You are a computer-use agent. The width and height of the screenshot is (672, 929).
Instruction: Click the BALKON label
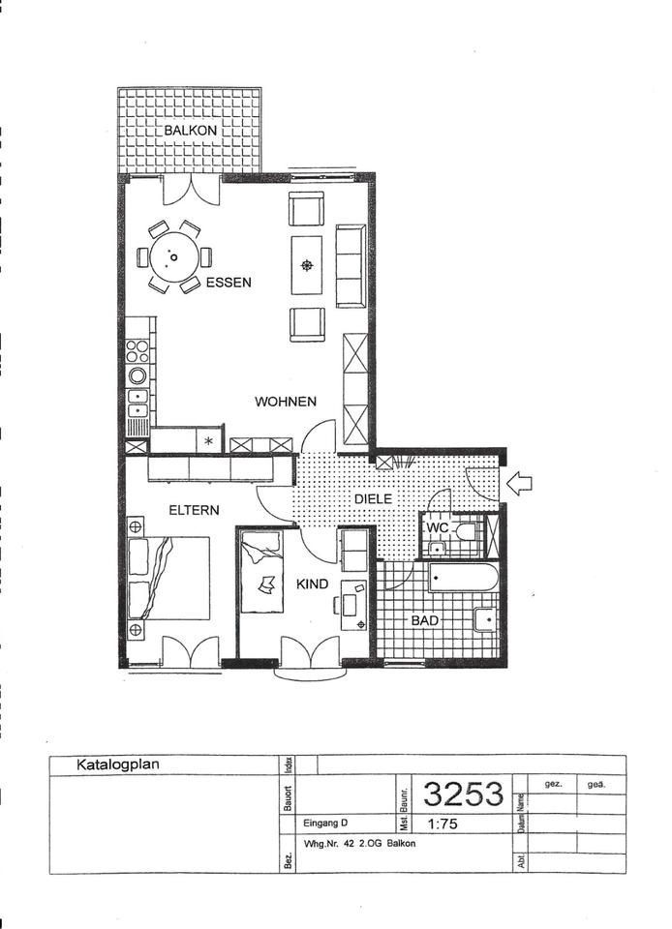click(190, 130)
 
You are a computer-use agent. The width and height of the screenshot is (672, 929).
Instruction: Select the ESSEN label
click(229, 283)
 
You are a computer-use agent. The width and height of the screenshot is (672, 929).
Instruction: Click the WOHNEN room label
click(286, 402)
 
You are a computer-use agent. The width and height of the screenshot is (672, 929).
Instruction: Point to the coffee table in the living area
click(306, 265)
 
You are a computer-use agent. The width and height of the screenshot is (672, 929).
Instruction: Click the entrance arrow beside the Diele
click(519, 483)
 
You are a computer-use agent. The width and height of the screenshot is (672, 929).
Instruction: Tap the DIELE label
click(374, 499)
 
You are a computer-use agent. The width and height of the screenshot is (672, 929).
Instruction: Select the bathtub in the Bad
click(464, 578)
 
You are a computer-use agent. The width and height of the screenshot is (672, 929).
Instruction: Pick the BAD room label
click(425, 620)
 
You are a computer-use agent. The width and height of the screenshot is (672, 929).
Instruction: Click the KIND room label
click(313, 584)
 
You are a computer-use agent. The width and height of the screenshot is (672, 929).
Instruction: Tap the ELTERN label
click(194, 510)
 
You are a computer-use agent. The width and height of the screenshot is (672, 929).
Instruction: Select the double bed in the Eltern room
click(168, 579)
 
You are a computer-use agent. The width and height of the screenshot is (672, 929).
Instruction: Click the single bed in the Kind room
click(261, 572)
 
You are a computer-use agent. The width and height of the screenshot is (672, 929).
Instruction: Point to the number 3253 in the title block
click(464, 794)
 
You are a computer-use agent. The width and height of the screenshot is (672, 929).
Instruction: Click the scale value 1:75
click(443, 824)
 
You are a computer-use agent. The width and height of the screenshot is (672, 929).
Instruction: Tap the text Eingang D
click(325, 823)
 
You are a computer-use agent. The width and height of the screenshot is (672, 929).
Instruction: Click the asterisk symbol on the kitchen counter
click(208, 441)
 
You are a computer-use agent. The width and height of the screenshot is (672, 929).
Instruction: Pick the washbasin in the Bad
click(485, 619)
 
